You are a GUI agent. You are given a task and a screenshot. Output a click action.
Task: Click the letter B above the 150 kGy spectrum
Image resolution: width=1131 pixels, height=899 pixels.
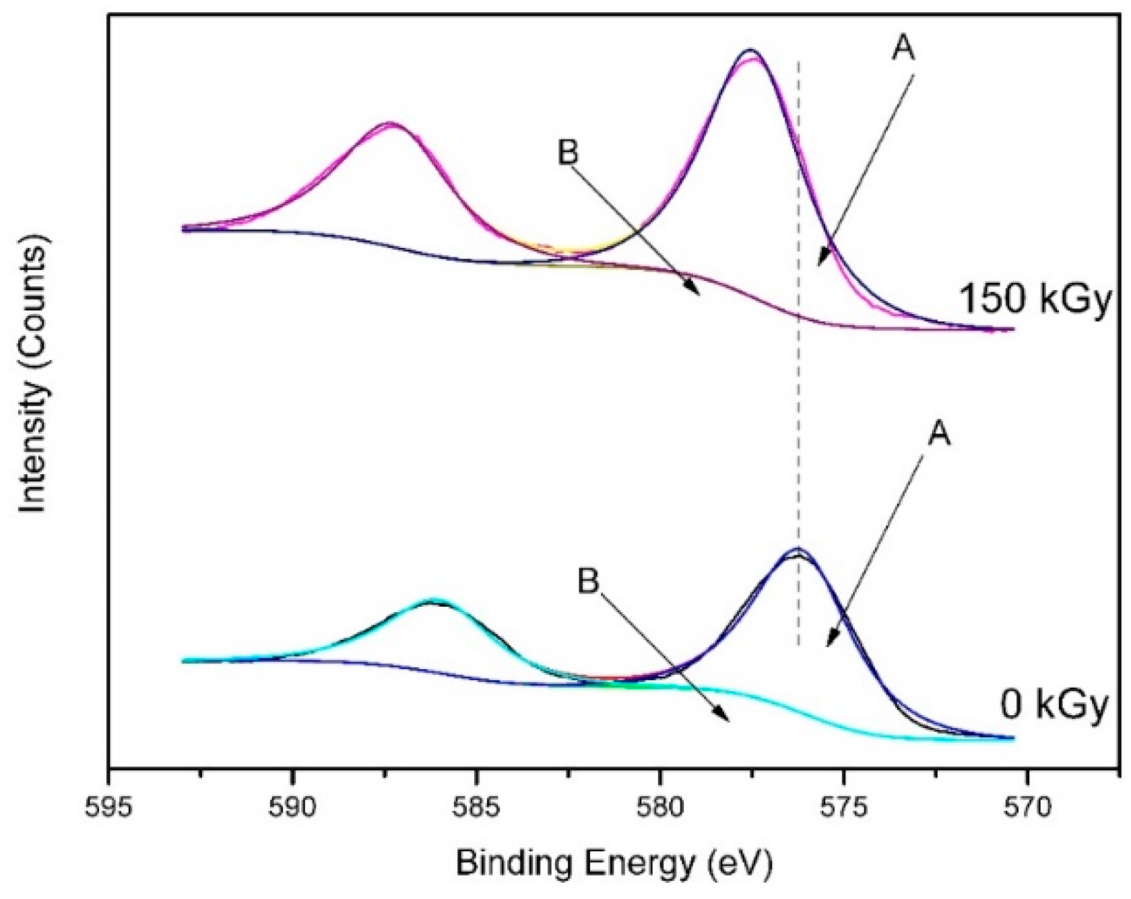pyautogui.click(x=568, y=153)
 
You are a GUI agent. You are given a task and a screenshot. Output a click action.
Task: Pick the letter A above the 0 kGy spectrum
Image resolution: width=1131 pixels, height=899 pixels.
pyautogui.click(x=939, y=434)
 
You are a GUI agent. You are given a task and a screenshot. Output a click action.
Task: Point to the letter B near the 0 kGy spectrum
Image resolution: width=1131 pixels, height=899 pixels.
pyautogui.click(x=588, y=581)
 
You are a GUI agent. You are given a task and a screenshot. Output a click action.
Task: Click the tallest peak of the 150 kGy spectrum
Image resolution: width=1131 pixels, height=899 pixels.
pyautogui.click(x=750, y=52)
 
